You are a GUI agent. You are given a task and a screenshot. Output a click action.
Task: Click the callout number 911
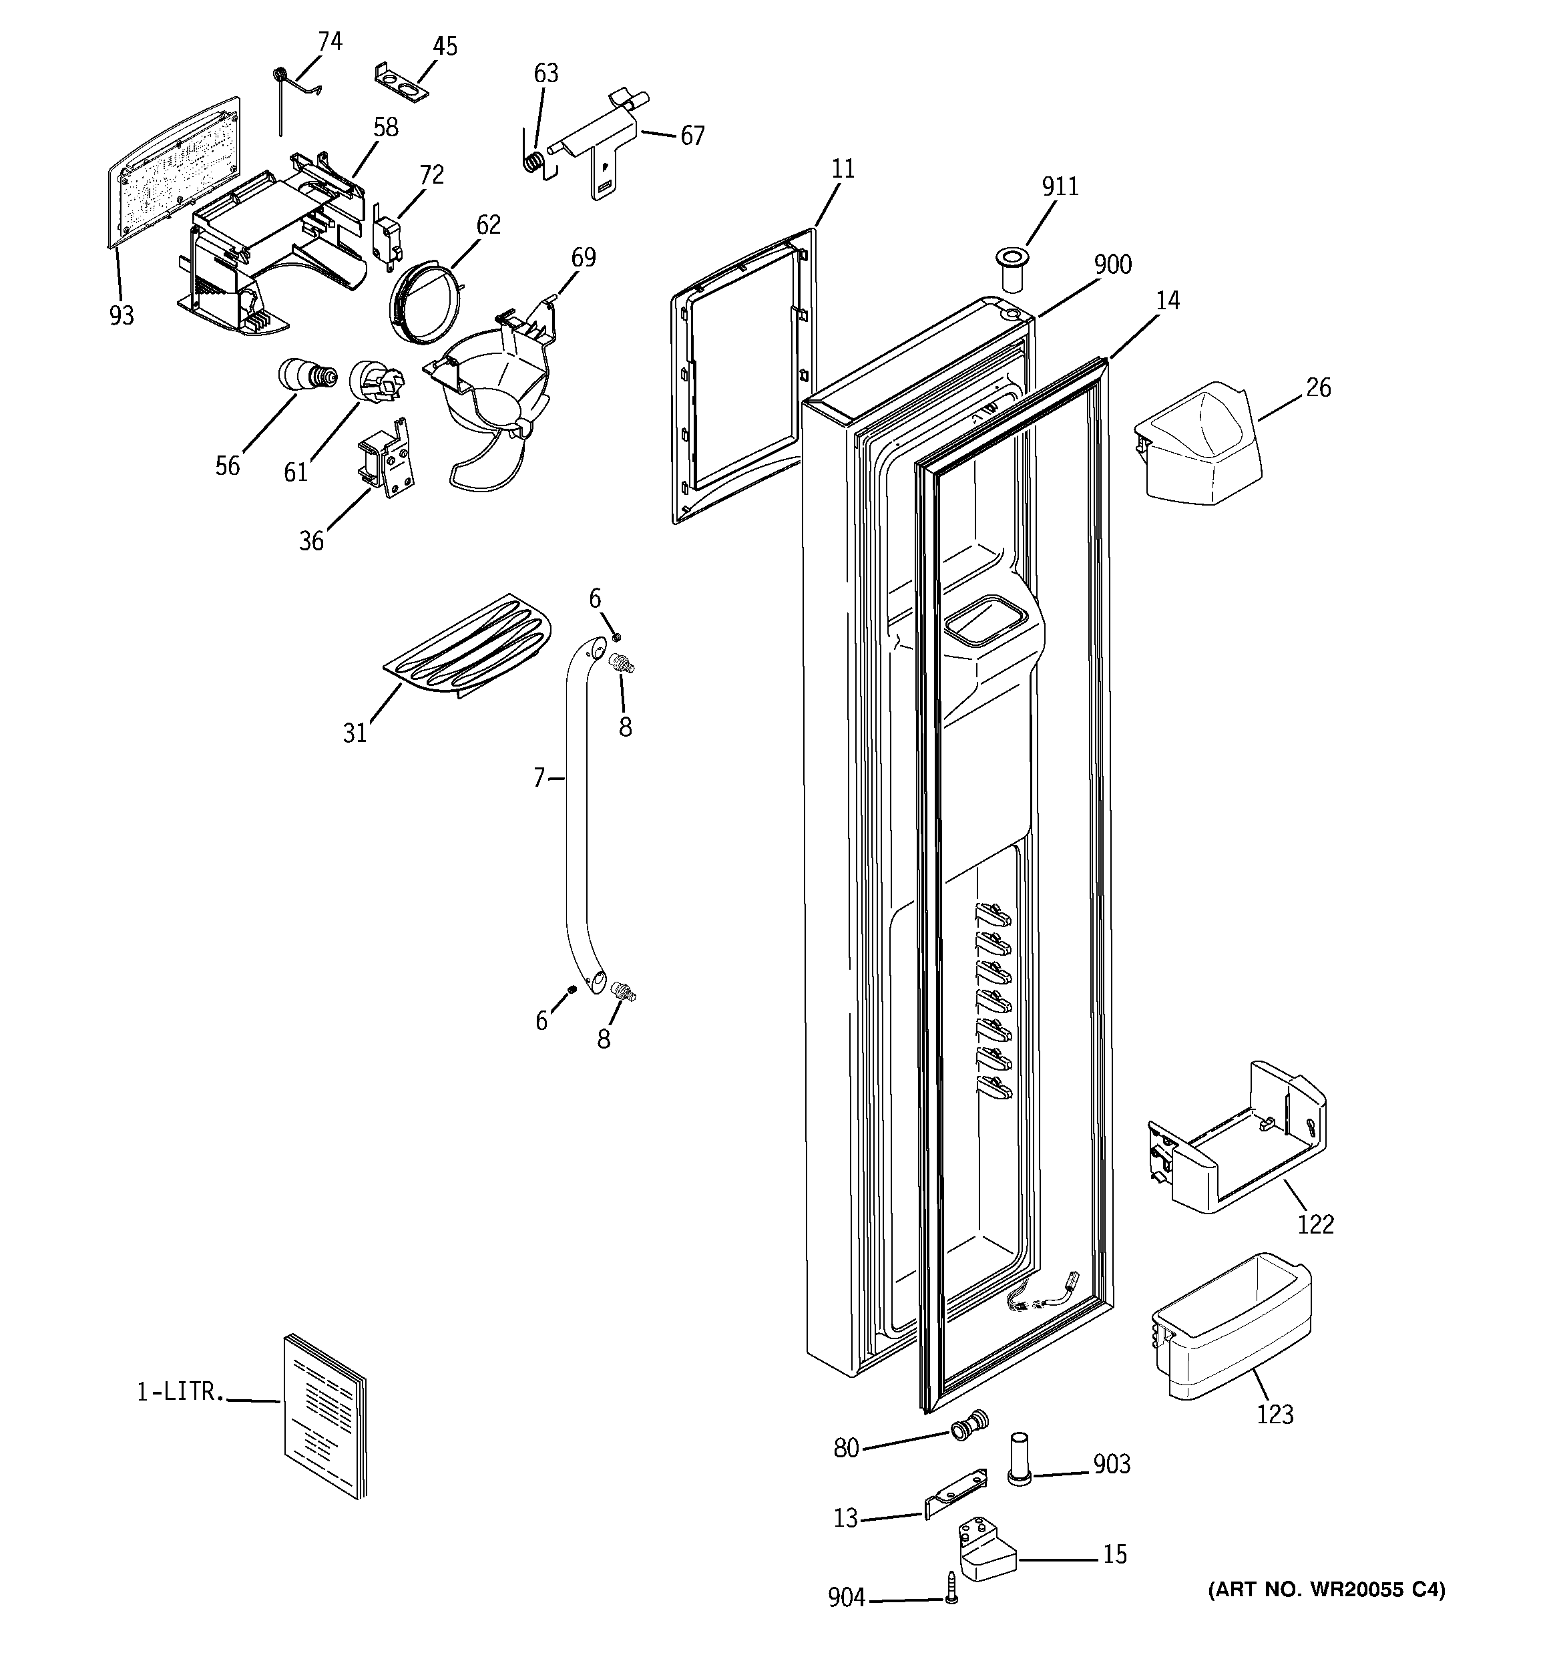1060,186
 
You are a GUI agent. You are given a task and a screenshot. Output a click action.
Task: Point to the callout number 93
122,315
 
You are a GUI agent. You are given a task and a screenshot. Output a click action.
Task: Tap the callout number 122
1315,1225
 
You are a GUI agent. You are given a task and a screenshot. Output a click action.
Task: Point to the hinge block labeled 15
987,1548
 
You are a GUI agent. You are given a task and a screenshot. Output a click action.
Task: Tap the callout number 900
1112,264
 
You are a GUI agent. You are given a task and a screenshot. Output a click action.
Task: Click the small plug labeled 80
969,1425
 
